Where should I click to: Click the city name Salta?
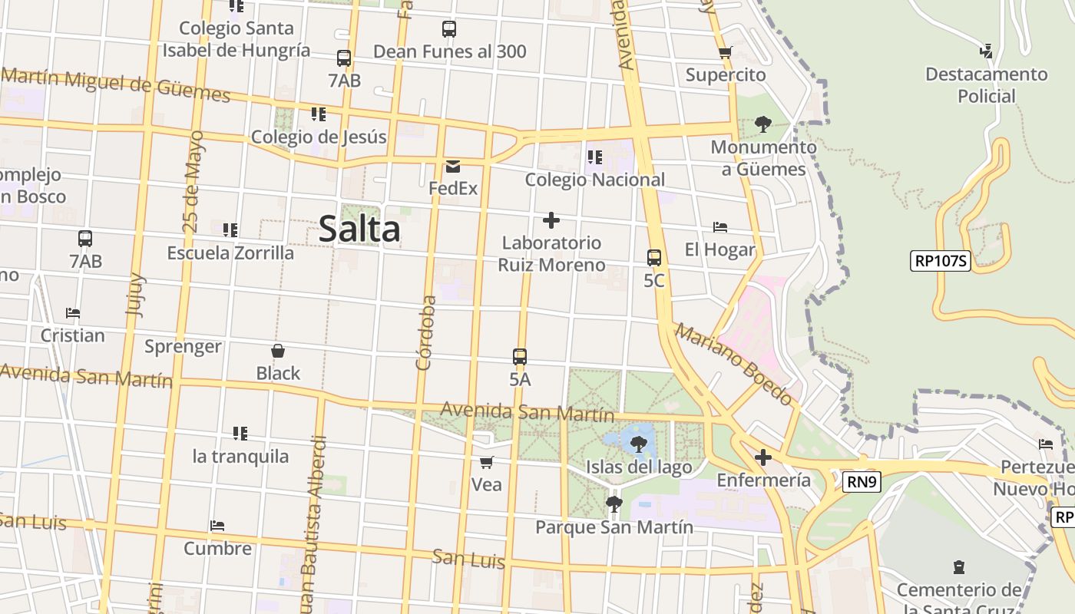(x=359, y=229)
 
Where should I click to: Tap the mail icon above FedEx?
(x=453, y=166)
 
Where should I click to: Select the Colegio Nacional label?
(x=595, y=180)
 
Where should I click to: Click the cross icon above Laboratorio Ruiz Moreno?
(x=551, y=221)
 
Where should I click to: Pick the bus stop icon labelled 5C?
(x=654, y=258)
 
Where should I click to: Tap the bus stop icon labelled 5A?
(x=520, y=357)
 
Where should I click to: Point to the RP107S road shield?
(x=941, y=261)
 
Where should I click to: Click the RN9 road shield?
(x=862, y=482)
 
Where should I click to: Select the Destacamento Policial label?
(x=987, y=85)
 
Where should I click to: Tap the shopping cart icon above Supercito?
(x=726, y=53)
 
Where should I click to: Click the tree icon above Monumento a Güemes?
(x=762, y=124)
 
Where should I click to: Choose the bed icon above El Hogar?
(x=720, y=227)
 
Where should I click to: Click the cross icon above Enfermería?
(x=762, y=458)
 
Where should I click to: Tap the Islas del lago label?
(x=639, y=467)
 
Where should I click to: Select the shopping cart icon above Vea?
(x=486, y=462)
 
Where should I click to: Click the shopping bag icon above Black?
(x=278, y=352)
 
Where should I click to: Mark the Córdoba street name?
(x=425, y=333)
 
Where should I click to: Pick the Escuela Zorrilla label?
(x=230, y=253)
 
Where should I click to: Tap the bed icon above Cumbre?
(x=217, y=527)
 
